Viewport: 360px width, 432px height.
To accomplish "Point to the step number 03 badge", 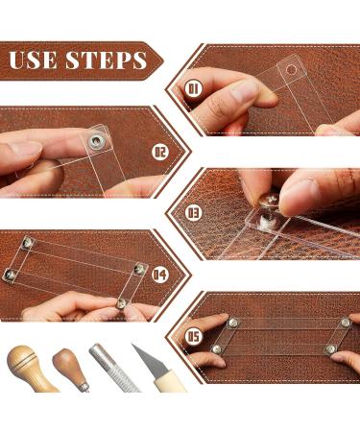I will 192,211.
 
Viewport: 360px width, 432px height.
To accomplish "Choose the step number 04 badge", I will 159,276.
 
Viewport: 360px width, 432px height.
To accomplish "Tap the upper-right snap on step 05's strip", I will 344,323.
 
